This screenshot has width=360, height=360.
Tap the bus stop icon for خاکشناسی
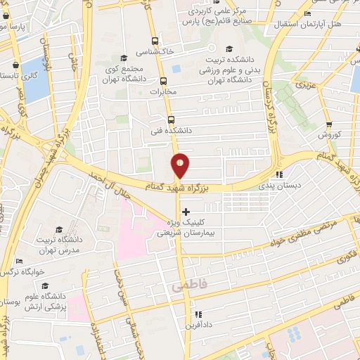[155, 41]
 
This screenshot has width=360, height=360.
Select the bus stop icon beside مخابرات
[163, 81]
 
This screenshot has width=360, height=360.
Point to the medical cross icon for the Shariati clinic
[186, 212]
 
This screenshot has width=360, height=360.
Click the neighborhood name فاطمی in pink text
[185, 288]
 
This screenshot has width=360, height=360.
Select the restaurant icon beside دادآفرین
[198, 314]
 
